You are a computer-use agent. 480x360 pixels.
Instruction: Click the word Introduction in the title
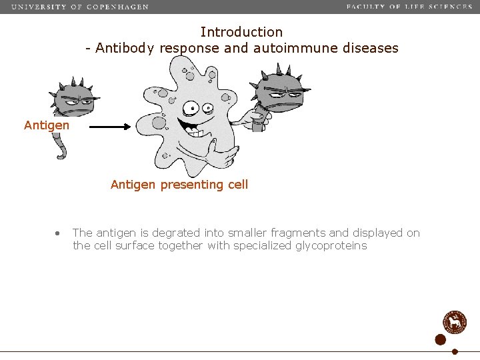241,32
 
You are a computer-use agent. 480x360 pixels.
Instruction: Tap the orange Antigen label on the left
46,125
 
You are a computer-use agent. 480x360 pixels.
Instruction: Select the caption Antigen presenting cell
179,185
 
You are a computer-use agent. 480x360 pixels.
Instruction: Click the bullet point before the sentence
58,233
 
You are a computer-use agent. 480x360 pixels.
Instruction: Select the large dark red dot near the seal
440,339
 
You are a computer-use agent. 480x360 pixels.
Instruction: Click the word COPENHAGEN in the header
118,7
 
